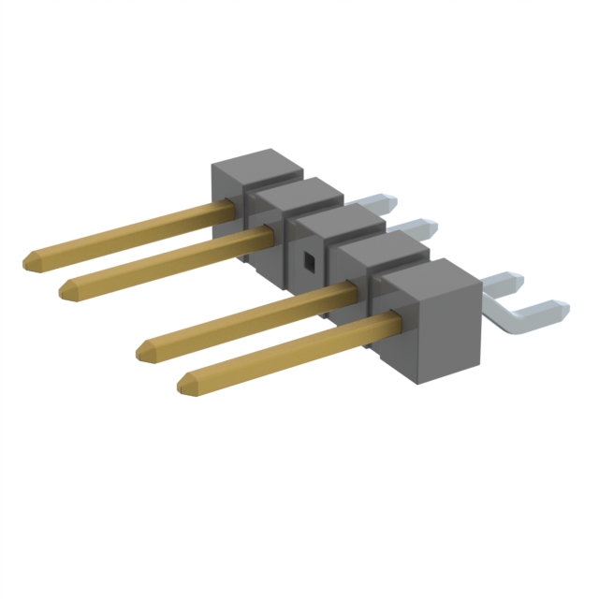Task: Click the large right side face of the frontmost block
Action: pos(446,328)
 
